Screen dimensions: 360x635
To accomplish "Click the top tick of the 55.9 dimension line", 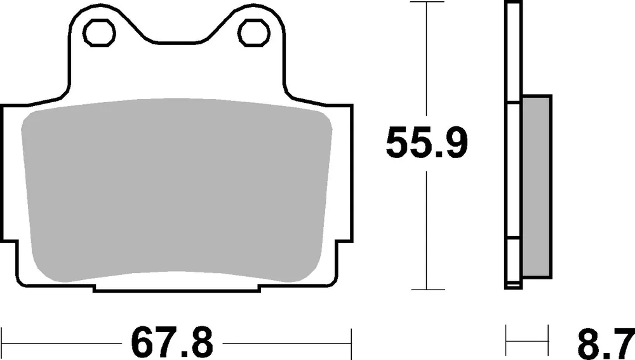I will click(x=426, y=3).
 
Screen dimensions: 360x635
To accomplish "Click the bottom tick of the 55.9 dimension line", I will click(x=426, y=290).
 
